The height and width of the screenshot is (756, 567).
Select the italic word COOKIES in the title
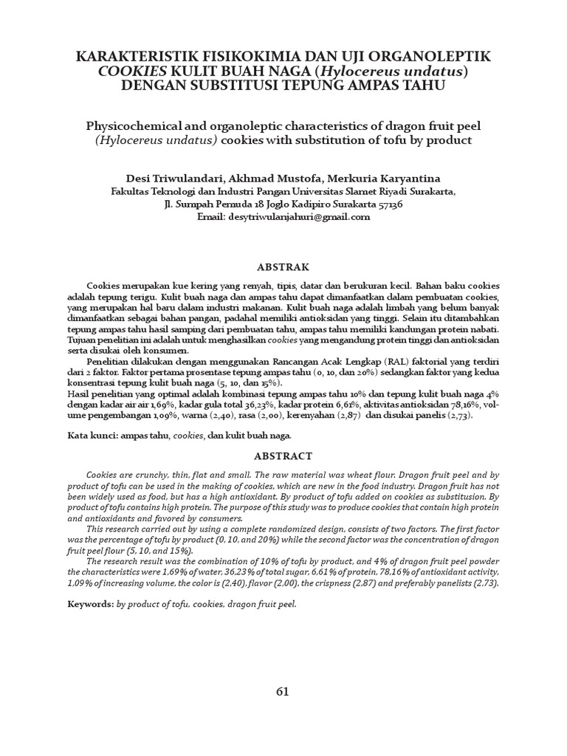pos(128,72)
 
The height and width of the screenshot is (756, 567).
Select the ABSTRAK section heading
pos(283,267)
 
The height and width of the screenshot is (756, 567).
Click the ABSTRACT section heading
pos(283,456)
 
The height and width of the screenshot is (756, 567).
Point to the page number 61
pos(283,692)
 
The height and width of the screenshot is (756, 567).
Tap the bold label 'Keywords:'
pos(90,604)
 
